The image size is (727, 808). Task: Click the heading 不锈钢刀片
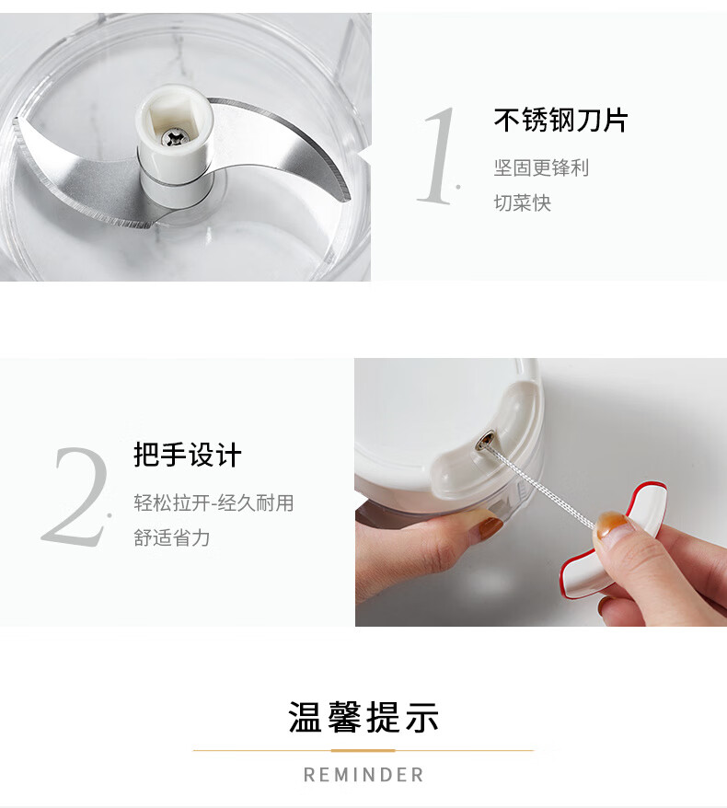[560, 120]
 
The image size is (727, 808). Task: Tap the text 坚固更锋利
[541, 167]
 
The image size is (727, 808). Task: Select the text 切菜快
[523, 202]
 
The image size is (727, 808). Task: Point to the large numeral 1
[439, 156]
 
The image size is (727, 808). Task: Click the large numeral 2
[77, 497]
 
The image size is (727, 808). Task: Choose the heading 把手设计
[188, 455]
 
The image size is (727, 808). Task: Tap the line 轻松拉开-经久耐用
[213, 502]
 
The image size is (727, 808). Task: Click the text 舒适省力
[171, 537]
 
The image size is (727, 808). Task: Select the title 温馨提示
[363, 717]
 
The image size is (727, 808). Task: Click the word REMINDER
[363, 775]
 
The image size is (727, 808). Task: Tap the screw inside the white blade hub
[174, 137]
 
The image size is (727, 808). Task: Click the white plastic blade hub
[174, 144]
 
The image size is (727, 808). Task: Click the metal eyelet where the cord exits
[486, 440]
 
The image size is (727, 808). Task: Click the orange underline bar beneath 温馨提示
[363, 750]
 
